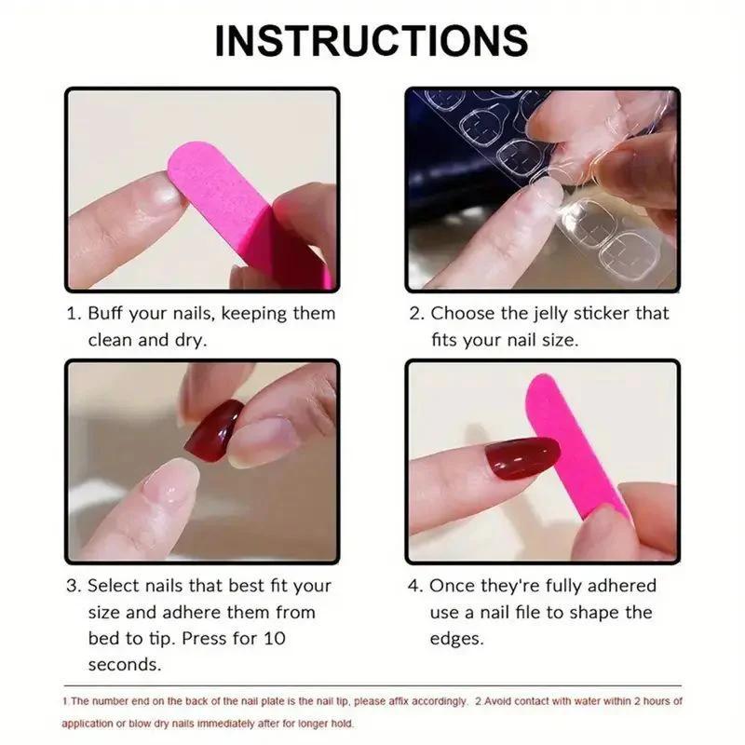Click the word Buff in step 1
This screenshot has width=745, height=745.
point(109,314)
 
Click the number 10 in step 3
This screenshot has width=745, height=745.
point(275,639)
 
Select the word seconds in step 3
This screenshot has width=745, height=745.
point(124,665)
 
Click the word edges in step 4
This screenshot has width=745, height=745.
point(457,639)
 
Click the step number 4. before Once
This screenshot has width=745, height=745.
point(415,586)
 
